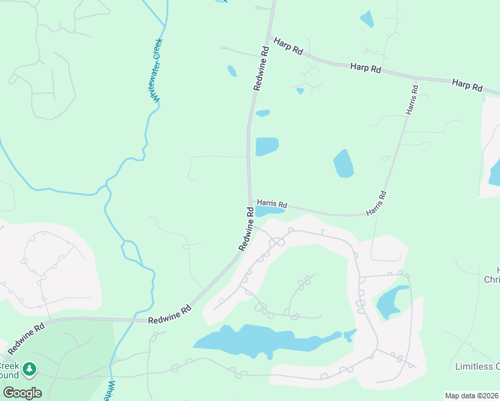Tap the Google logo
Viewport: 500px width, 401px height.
[21, 393]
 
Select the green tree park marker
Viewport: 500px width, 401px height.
[29, 369]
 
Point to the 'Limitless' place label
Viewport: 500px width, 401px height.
[477, 366]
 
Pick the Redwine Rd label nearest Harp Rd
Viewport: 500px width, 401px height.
[261, 68]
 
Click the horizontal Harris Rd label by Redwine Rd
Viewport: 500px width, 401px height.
[271, 204]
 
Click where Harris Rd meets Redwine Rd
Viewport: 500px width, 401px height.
[249, 198]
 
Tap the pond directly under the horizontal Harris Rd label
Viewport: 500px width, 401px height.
[269, 211]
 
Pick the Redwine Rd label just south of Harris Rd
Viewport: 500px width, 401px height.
[245, 229]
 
